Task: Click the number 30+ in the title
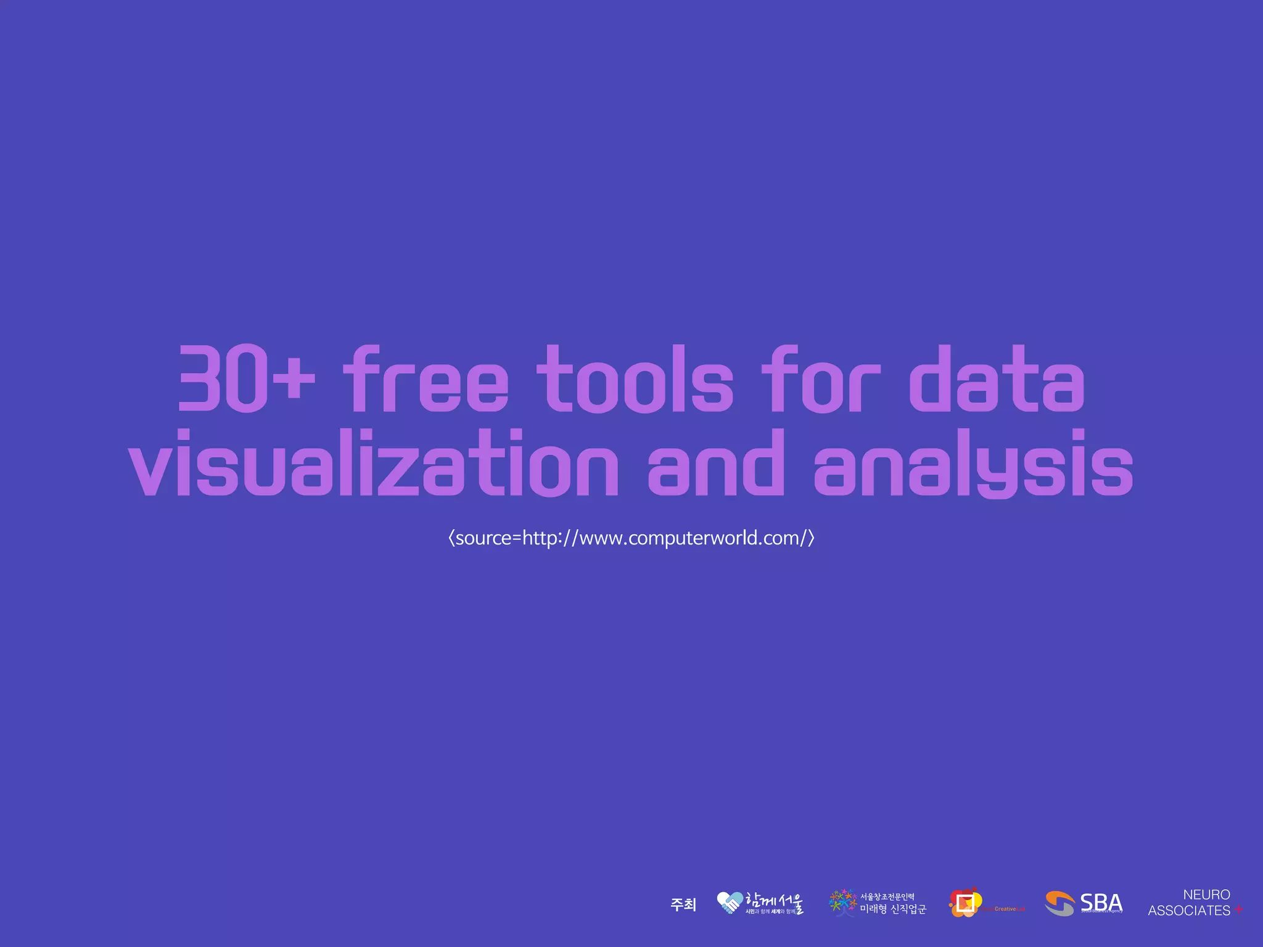(x=245, y=379)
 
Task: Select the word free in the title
(x=426, y=379)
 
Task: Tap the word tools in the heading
(x=635, y=379)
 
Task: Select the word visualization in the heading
(x=373, y=464)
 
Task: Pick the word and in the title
(x=715, y=464)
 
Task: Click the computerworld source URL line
(x=631, y=538)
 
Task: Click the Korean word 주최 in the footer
(x=683, y=904)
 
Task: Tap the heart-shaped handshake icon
(x=730, y=903)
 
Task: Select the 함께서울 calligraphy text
(x=775, y=901)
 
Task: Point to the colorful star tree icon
(x=842, y=903)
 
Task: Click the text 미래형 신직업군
(x=893, y=909)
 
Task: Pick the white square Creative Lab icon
(x=965, y=903)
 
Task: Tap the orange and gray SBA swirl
(x=1059, y=904)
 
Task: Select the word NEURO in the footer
(x=1206, y=895)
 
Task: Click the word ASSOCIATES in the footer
(x=1189, y=911)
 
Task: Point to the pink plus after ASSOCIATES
(x=1238, y=910)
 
